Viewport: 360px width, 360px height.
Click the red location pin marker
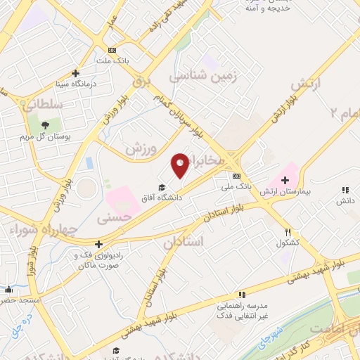pos(181,165)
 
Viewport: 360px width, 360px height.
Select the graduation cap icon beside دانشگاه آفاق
pos(162,187)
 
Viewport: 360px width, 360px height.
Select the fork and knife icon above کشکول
pos(288,232)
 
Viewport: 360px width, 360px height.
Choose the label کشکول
pos(288,243)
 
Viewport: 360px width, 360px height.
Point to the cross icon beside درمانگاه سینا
pos(76,72)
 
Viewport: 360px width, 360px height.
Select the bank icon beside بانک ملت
pos(112,51)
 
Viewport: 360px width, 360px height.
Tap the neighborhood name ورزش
pos(140,149)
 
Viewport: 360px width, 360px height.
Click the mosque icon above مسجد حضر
pos(8,289)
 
